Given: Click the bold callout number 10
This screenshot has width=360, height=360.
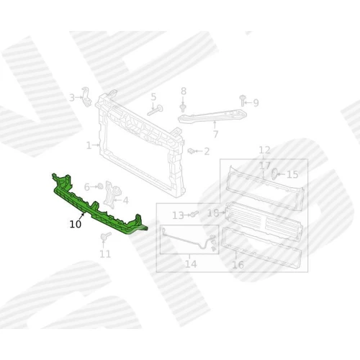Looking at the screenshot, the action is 76,224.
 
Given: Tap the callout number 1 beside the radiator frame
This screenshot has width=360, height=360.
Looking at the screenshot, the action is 89,145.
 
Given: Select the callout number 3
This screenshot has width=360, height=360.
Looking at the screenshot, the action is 72,98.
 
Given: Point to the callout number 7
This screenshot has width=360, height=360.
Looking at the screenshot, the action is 215,134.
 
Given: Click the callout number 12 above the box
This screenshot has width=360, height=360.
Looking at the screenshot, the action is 265,150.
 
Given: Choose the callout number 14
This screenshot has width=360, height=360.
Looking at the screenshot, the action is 191,264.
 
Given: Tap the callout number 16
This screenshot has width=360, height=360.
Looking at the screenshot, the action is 238,265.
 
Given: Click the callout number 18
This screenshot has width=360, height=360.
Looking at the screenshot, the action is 213,212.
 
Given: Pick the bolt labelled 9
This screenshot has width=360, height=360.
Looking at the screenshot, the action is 243,100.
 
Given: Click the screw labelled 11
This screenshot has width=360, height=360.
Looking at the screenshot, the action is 106,236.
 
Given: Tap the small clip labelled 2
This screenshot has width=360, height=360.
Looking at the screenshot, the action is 191,151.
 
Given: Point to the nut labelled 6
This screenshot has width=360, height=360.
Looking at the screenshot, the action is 99,186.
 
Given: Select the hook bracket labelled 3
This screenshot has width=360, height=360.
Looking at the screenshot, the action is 86,96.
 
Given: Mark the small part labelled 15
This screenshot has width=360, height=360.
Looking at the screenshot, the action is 274,174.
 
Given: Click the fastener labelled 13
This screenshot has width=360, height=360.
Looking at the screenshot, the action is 194,214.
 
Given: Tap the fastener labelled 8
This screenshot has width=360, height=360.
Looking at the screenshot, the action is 183,108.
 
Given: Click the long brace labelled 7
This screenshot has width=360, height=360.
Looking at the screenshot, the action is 212,117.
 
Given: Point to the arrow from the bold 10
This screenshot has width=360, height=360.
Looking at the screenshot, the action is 82,217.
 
